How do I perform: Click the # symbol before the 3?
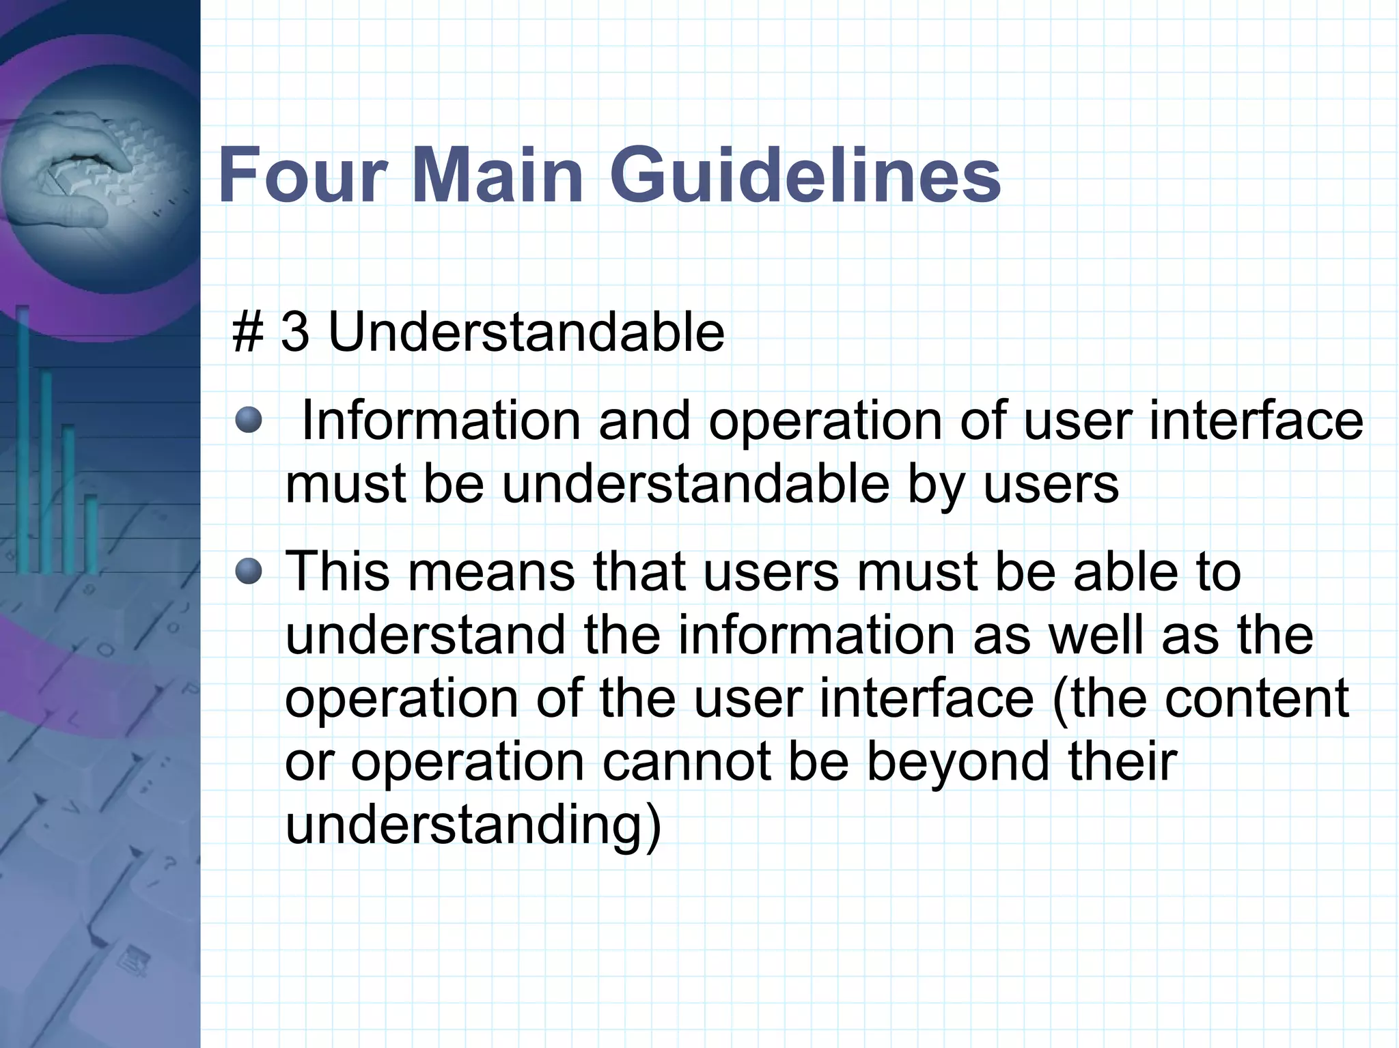pyautogui.click(x=247, y=332)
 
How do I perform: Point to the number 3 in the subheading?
pyautogui.click(x=295, y=332)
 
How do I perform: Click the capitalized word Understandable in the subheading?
pyautogui.click(x=526, y=332)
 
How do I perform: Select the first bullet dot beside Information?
pyautogui.click(x=249, y=420)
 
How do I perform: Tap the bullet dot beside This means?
pyautogui.click(x=249, y=571)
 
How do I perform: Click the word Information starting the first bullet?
pyautogui.click(x=441, y=420)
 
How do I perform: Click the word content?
pyautogui.click(x=1257, y=698)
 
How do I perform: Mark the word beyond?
pyautogui.click(x=958, y=762)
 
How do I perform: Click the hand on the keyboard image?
pyautogui.click(x=82, y=171)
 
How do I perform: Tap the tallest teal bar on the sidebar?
pyautogui.click(x=23, y=437)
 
